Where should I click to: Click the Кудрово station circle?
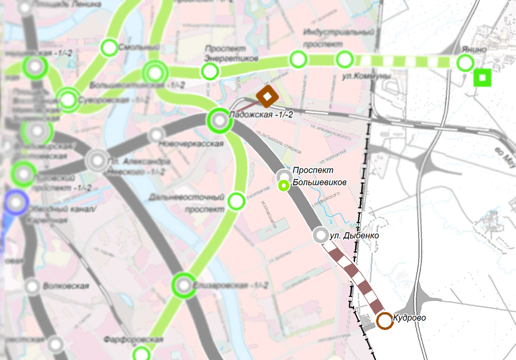[x=384, y=321]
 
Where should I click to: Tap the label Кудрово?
[x=409, y=318]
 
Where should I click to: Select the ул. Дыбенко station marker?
[x=320, y=235]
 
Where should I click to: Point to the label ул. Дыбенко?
[x=354, y=236]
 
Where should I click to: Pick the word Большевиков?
[x=319, y=182]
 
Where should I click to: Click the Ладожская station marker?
[x=219, y=120]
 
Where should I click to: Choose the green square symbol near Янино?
[x=482, y=78]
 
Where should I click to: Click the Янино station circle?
[x=465, y=63]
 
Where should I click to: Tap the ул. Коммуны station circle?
[x=344, y=60]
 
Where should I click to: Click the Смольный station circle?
[x=109, y=48]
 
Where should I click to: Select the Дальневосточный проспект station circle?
[x=236, y=201]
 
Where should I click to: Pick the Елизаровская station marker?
[x=184, y=285]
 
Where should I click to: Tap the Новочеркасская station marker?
[x=156, y=135]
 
